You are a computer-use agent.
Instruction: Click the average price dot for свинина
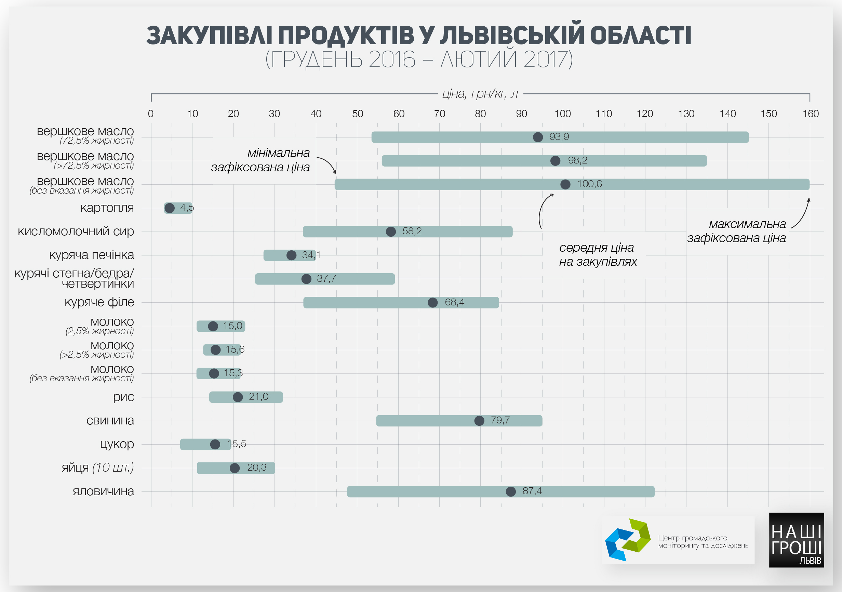(x=479, y=421)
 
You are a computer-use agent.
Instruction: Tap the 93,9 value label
(x=559, y=137)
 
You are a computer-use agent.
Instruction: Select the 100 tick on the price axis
(x=562, y=114)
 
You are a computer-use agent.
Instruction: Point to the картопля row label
(x=107, y=208)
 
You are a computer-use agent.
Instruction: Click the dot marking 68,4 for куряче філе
(x=433, y=303)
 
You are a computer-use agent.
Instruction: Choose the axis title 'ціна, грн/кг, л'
(x=480, y=94)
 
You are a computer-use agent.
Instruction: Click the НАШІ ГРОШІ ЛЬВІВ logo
(x=796, y=540)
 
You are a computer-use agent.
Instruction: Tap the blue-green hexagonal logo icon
(x=627, y=540)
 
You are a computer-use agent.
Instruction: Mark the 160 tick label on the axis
(x=811, y=114)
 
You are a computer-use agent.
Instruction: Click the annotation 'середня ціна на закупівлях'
(x=598, y=254)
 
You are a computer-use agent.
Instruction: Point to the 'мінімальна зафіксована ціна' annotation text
(x=261, y=160)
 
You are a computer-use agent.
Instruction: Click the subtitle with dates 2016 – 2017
(x=419, y=59)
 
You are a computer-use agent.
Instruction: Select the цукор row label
(x=117, y=444)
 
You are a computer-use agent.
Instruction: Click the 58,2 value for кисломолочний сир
(x=412, y=231)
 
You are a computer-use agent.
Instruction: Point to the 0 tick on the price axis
(x=151, y=114)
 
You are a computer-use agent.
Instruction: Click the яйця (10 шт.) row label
(x=97, y=468)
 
